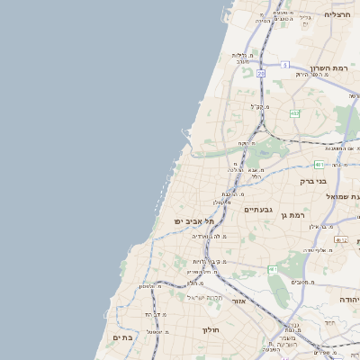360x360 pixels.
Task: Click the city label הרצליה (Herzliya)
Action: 337,14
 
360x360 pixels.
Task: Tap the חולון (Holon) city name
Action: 211,330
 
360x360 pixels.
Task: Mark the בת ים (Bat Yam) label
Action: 121,337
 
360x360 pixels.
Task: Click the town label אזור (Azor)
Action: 238,301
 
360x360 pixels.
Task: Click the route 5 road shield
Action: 283,65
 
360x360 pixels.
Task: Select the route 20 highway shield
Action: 261,74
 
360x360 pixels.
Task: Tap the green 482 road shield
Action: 295,113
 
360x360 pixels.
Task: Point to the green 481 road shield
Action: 319,164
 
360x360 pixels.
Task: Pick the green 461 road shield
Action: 273,269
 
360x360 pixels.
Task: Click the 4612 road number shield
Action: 340,240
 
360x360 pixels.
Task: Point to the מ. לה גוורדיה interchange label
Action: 209,236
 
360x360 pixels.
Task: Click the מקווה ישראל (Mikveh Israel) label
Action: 203,297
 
